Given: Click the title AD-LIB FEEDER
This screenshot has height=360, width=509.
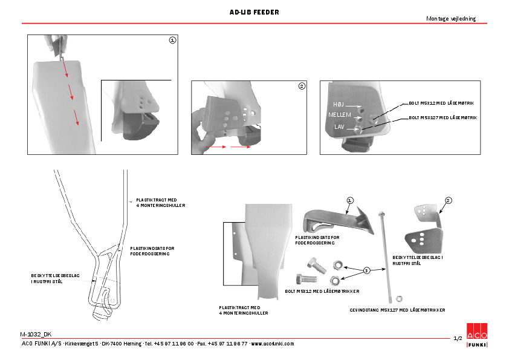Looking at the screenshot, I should point(254,12).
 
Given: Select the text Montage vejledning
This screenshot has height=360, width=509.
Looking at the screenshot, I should point(451,19).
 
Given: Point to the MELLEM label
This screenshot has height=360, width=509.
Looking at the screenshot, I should point(339,115).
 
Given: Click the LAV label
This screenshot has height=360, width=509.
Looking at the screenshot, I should point(339,126).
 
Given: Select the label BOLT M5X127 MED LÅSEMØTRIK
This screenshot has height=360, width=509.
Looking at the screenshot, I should point(443,117).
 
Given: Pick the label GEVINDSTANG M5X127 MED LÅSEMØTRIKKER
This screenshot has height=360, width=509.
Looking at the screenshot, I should point(397,309).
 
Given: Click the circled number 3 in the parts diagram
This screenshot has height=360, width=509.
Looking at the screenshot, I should point(366,270).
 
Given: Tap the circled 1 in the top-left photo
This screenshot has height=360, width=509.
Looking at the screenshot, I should point(172,40).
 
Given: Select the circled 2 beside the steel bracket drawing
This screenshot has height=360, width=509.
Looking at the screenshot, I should point(448,200).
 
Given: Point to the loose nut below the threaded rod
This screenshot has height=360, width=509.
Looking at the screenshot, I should point(399,298).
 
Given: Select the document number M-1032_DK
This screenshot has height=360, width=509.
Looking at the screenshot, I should point(36,334).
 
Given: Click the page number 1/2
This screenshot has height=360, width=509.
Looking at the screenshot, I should point(458,338).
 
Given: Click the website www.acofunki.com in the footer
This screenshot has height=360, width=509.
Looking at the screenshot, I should point(272,344).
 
